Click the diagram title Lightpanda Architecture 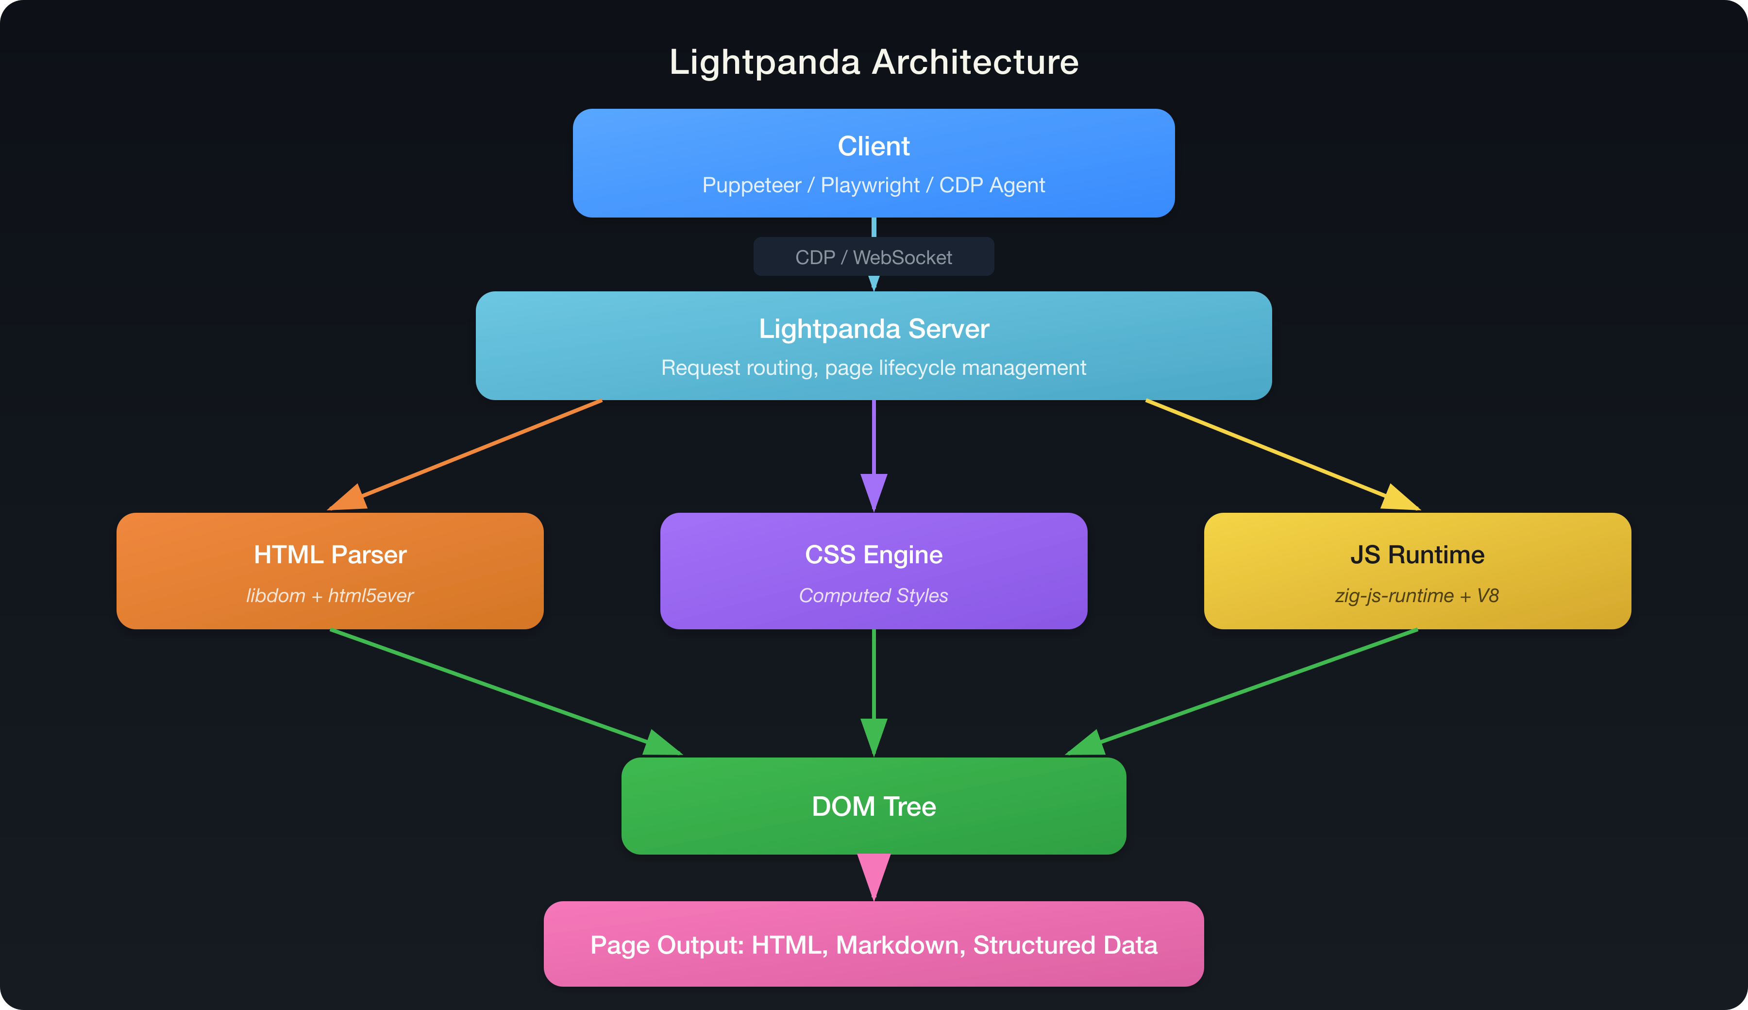874,63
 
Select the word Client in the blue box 874,146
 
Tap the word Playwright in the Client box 870,185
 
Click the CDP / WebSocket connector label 874,257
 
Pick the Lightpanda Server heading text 874,329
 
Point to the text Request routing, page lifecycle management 874,368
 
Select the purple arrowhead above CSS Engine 874,490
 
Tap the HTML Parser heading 330,555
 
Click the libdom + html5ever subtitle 330,596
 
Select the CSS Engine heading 874,555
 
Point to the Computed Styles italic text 874,596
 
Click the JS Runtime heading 1417,555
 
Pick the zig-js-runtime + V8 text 1417,596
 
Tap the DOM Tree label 874,807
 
